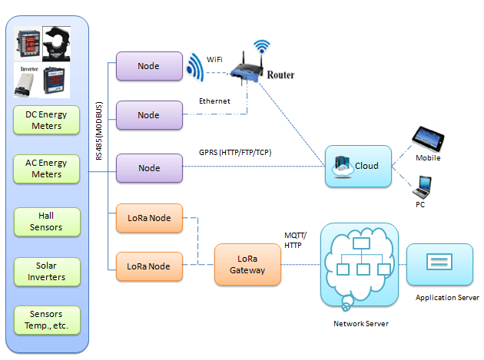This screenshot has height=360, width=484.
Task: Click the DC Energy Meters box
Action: tap(48, 121)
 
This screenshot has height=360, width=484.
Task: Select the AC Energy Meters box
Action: tap(48, 169)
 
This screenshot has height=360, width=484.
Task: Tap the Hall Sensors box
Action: tap(48, 222)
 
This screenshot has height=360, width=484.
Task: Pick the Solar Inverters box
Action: tap(48, 271)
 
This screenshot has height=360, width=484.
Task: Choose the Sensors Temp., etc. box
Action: tap(48, 320)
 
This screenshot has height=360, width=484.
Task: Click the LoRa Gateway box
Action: tap(248, 265)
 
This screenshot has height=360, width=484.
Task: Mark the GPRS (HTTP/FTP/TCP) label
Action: tap(235, 152)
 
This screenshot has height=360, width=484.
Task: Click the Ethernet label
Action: tap(214, 101)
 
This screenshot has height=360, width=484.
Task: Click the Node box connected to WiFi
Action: tap(149, 66)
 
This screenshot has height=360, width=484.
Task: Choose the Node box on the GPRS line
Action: tap(149, 168)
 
